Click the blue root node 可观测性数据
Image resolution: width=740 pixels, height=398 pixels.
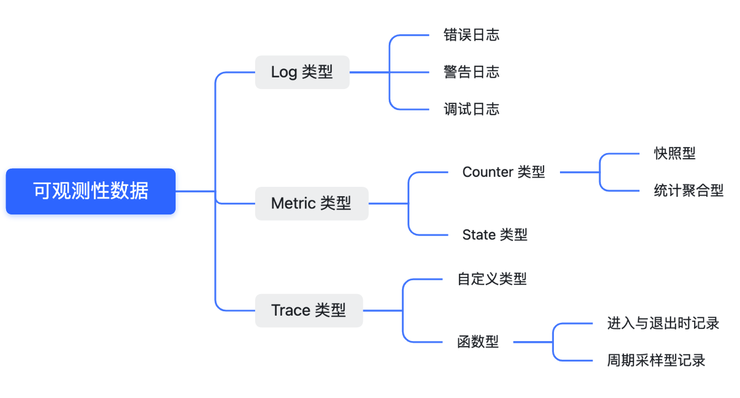pyautogui.click(x=91, y=191)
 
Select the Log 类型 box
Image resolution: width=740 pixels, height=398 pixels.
pyautogui.click(x=302, y=72)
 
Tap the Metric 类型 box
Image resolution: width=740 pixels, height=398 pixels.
pyautogui.click(x=311, y=203)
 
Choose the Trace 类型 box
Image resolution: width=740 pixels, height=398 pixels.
pyautogui.click(x=309, y=310)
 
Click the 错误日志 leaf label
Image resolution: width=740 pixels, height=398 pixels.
pyautogui.click(x=471, y=35)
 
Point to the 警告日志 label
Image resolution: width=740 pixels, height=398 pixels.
pyautogui.click(x=471, y=72)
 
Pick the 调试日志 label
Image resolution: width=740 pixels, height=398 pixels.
pyautogui.click(x=471, y=109)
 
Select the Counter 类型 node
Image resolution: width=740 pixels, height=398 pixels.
pyautogui.click(x=504, y=172)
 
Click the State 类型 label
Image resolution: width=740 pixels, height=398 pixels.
pyautogui.click(x=495, y=235)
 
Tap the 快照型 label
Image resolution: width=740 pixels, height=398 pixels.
pyautogui.click(x=675, y=154)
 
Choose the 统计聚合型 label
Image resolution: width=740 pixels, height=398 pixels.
pyautogui.click(x=689, y=191)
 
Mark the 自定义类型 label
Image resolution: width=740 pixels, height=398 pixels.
pyautogui.click(x=492, y=279)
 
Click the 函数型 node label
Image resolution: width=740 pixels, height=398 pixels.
pyautogui.click(x=478, y=342)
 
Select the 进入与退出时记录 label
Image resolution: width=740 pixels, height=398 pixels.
pyautogui.click(x=663, y=323)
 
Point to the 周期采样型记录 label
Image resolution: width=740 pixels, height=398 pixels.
pyautogui.click(x=657, y=360)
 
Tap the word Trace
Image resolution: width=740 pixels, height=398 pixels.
pyautogui.click(x=291, y=310)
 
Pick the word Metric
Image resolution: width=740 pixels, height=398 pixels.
pyautogui.click(x=293, y=203)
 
